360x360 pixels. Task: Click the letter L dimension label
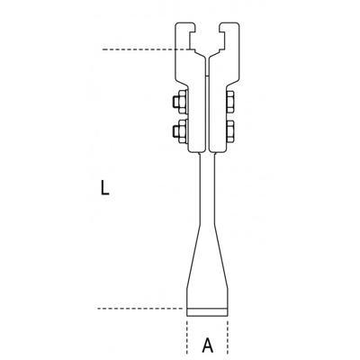[x=107, y=190]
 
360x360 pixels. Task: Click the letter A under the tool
[x=208, y=343]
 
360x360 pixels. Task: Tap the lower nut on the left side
[x=176, y=132]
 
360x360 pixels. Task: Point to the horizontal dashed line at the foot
[x=135, y=309]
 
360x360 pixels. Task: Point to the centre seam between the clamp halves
[x=207, y=99]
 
